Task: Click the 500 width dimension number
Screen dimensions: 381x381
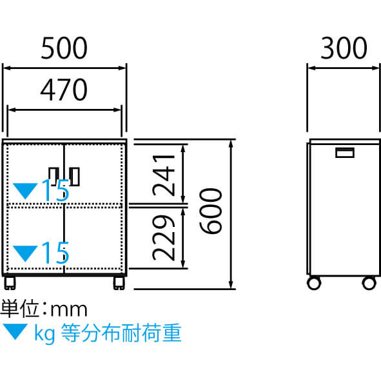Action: coord(64,48)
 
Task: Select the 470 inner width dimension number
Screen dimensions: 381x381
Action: coord(64,90)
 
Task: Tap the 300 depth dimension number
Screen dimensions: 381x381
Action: coord(344,48)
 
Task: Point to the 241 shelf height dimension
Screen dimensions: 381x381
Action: coord(164,175)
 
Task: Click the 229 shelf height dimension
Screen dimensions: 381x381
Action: coord(164,238)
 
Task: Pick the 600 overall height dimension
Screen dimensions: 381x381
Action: coord(211,211)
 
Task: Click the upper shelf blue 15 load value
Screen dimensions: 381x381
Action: coord(55,190)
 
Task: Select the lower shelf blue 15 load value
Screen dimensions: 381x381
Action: coord(55,253)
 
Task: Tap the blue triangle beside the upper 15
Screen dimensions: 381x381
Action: coord(25,190)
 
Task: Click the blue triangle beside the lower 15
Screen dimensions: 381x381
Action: coord(25,252)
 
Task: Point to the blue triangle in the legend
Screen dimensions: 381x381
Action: coord(15,331)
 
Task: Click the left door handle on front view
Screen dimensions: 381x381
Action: coord(54,177)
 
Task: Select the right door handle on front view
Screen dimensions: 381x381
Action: coord(75,177)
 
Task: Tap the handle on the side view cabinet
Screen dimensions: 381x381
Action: coord(344,153)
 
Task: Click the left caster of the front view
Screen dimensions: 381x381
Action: coord(10,283)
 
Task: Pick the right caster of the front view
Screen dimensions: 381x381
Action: coord(119,283)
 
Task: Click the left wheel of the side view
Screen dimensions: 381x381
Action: coord(314,283)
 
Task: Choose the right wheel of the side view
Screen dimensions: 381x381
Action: coord(369,283)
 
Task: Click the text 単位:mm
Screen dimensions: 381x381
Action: coord(44,309)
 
